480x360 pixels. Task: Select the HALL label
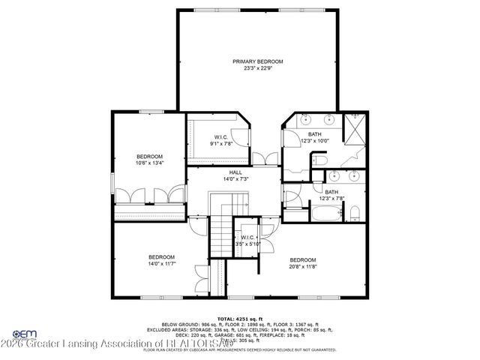click(x=235, y=172)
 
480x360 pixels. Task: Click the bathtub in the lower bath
click(x=318, y=214)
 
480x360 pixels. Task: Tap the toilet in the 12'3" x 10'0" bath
click(x=318, y=160)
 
